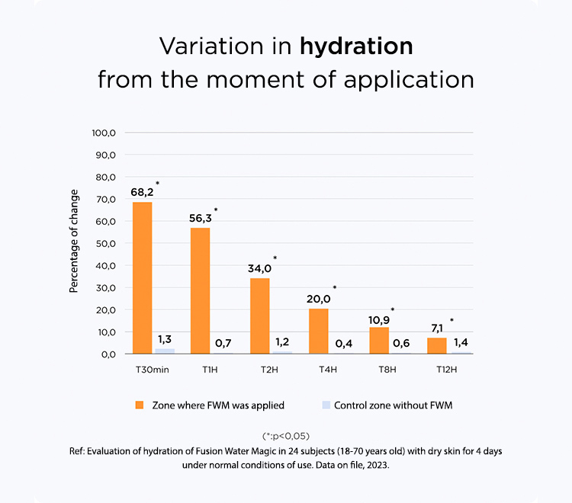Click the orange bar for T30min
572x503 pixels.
(x=142, y=277)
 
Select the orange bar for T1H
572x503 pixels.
(x=200, y=290)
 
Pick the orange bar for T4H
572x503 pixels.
(x=319, y=331)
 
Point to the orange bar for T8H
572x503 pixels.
(x=379, y=341)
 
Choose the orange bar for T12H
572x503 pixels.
(x=437, y=345)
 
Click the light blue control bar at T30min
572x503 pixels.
(x=165, y=351)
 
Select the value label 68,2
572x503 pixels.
(x=142, y=192)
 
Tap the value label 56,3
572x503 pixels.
(x=201, y=218)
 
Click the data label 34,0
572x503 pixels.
(x=260, y=268)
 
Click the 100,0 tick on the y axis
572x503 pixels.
(x=103, y=133)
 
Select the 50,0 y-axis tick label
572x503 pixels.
(x=104, y=243)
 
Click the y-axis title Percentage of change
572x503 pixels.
(x=74, y=241)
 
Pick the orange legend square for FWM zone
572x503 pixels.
(x=139, y=405)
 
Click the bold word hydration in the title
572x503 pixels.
(x=356, y=46)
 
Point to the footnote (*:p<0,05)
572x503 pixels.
(x=286, y=436)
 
